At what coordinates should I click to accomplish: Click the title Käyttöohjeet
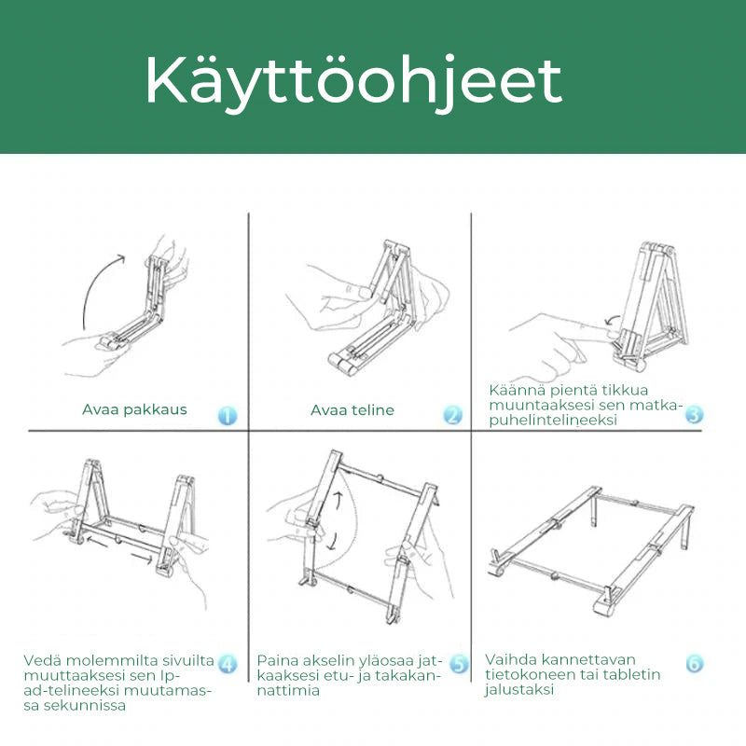(353, 82)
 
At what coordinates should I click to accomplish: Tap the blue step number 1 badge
(228, 415)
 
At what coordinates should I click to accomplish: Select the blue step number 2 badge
(452, 415)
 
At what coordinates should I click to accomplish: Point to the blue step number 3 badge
(694, 415)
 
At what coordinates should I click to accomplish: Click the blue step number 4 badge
(228, 664)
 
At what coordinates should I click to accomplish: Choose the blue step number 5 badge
(459, 664)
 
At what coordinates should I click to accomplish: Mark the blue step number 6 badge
(694, 663)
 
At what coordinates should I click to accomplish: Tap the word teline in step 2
(369, 410)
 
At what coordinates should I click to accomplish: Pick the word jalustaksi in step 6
(519, 690)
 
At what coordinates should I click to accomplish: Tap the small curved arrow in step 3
(613, 320)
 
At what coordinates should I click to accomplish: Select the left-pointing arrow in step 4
(97, 541)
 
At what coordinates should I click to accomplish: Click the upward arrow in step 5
(338, 502)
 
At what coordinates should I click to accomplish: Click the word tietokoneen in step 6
(531, 674)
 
